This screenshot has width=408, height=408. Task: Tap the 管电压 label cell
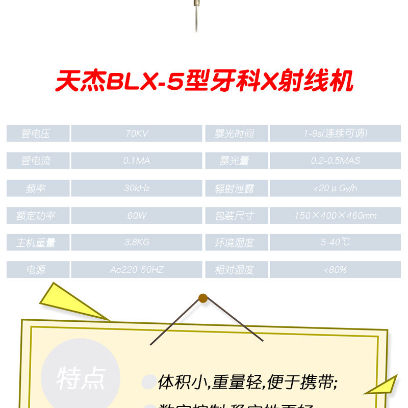(x=37, y=134)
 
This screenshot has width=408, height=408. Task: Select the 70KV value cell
(x=137, y=134)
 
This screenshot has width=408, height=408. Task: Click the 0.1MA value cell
(x=137, y=161)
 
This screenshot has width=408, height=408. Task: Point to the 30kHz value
(x=137, y=188)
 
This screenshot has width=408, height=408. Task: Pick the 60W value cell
(x=137, y=215)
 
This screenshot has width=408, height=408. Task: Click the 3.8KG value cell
(x=137, y=242)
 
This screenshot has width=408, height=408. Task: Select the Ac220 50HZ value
(x=137, y=269)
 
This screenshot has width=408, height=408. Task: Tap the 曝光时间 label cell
(x=235, y=134)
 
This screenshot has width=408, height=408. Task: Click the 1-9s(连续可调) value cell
(x=335, y=134)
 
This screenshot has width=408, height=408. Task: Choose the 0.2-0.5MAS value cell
(x=335, y=161)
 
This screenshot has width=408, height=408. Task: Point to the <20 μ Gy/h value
(x=335, y=188)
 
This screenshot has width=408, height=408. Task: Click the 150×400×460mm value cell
(x=335, y=215)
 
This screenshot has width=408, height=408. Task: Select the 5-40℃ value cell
(x=335, y=242)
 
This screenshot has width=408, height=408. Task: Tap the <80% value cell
(x=335, y=269)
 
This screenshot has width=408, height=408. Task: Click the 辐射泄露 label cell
(x=235, y=188)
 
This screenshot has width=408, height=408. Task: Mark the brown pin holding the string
(x=203, y=298)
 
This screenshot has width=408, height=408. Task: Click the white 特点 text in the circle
(x=81, y=378)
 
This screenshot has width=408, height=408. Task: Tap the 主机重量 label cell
(x=37, y=242)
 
